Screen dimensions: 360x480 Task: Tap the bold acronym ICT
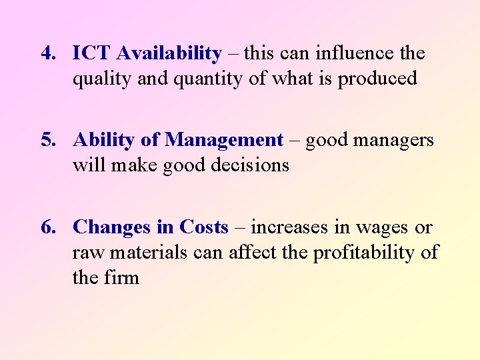tap(92, 53)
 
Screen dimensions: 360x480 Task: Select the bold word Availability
tap(169, 53)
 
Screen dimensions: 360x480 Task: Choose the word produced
tap(377, 79)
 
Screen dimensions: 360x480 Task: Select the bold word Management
tap(224, 140)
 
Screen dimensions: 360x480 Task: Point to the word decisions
tap(251, 165)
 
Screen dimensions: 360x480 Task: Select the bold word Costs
tap(203, 227)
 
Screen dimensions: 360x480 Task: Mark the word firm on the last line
tap(122, 277)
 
